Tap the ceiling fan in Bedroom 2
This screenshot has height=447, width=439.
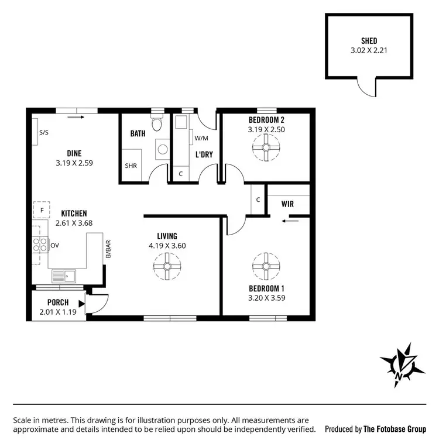click(266, 148)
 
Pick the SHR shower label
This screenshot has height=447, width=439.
click(131, 166)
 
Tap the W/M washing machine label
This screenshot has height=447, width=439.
click(201, 138)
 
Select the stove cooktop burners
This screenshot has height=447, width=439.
click(40, 245)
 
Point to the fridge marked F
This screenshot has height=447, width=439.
click(42, 210)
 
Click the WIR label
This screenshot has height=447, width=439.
click(287, 204)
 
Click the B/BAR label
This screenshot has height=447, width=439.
click(108, 250)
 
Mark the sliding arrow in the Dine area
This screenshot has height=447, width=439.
click(76, 117)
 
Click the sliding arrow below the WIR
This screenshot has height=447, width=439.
click(289, 221)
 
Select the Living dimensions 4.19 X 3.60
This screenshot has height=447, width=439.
click(167, 246)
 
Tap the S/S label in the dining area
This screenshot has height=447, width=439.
click(44, 133)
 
